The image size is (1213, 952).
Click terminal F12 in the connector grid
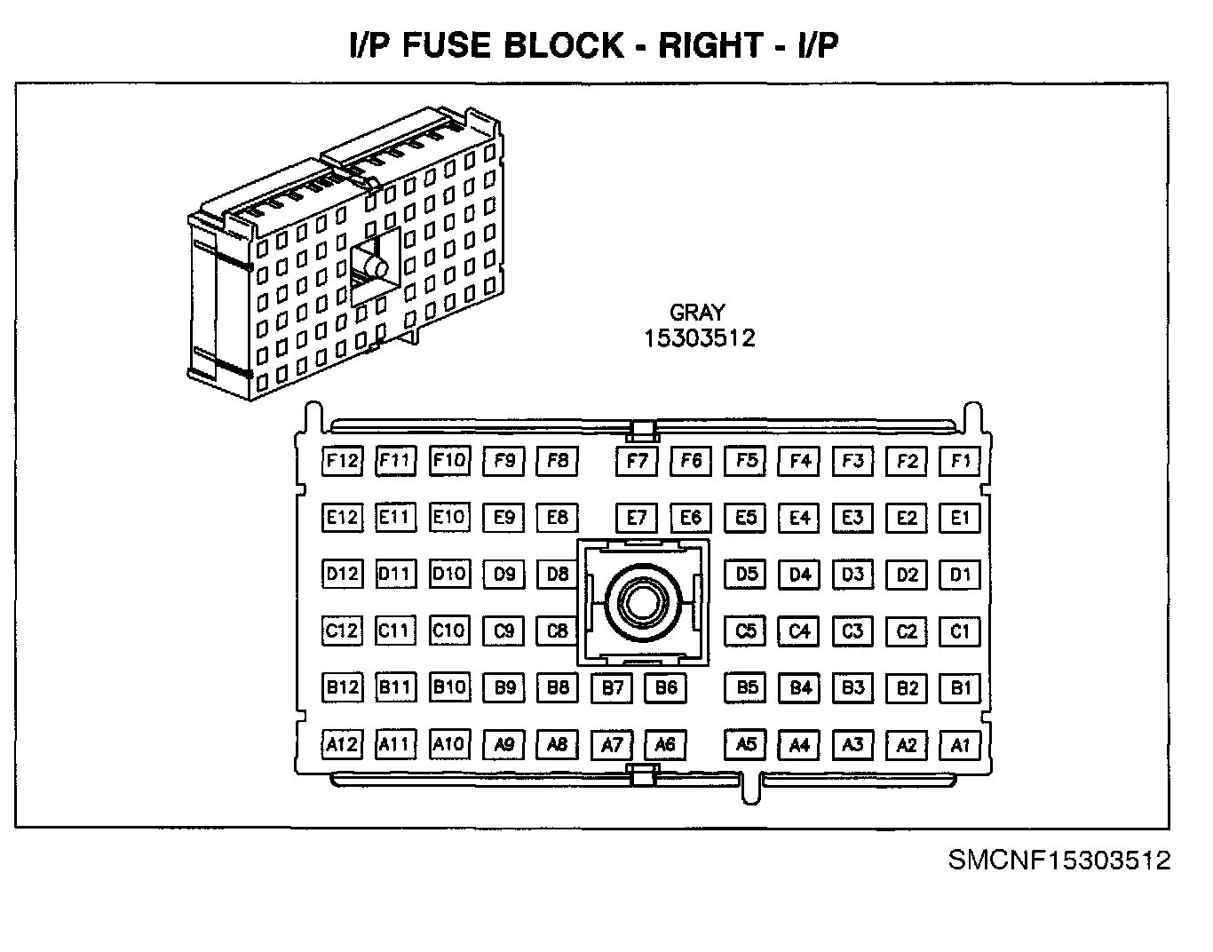coord(342,460)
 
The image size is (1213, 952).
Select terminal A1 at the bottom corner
coord(960,745)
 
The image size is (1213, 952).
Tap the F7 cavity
coord(637,461)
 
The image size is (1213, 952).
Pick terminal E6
coord(691,518)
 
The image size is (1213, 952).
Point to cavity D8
coord(558,574)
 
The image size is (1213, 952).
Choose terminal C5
coord(746,631)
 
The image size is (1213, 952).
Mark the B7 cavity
coord(613,687)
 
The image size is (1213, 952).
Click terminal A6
coord(665,744)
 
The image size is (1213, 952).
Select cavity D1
coord(960,575)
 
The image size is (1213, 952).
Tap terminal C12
coord(342,631)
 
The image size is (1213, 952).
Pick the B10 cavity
coord(449,686)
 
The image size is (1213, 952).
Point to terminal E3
coord(852,518)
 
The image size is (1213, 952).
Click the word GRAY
coord(697,313)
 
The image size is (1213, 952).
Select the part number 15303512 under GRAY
coord(700,338)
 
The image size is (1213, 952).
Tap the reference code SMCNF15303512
coord(1059,861)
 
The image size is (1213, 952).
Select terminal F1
coord(960,461)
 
